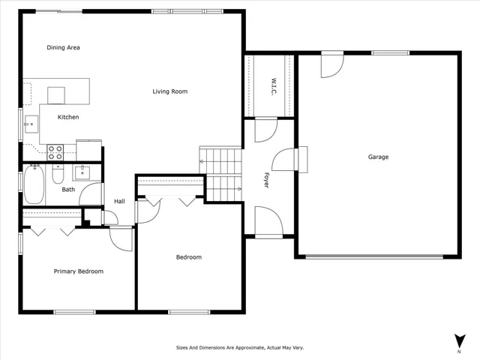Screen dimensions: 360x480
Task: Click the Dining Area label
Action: tap(63, 48)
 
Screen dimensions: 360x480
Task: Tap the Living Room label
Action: tap(169, 92)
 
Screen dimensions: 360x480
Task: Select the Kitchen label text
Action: tap(68, 117)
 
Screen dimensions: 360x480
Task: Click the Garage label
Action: tap(378, 157)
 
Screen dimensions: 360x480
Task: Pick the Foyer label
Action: tap(265, 179)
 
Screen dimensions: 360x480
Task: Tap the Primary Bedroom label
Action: tap(78, 271)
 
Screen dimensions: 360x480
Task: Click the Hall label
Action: tap(119, 201)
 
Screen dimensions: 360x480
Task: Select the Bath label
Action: tap(68, 190)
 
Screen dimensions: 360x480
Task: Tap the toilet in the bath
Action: tap(58, 177)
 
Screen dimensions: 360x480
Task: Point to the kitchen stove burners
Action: tap(55, 152)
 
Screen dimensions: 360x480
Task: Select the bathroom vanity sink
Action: tap(81, 172)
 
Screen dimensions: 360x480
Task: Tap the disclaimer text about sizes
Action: tap(240, 348)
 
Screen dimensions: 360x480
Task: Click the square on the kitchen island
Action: tap(57, 94)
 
